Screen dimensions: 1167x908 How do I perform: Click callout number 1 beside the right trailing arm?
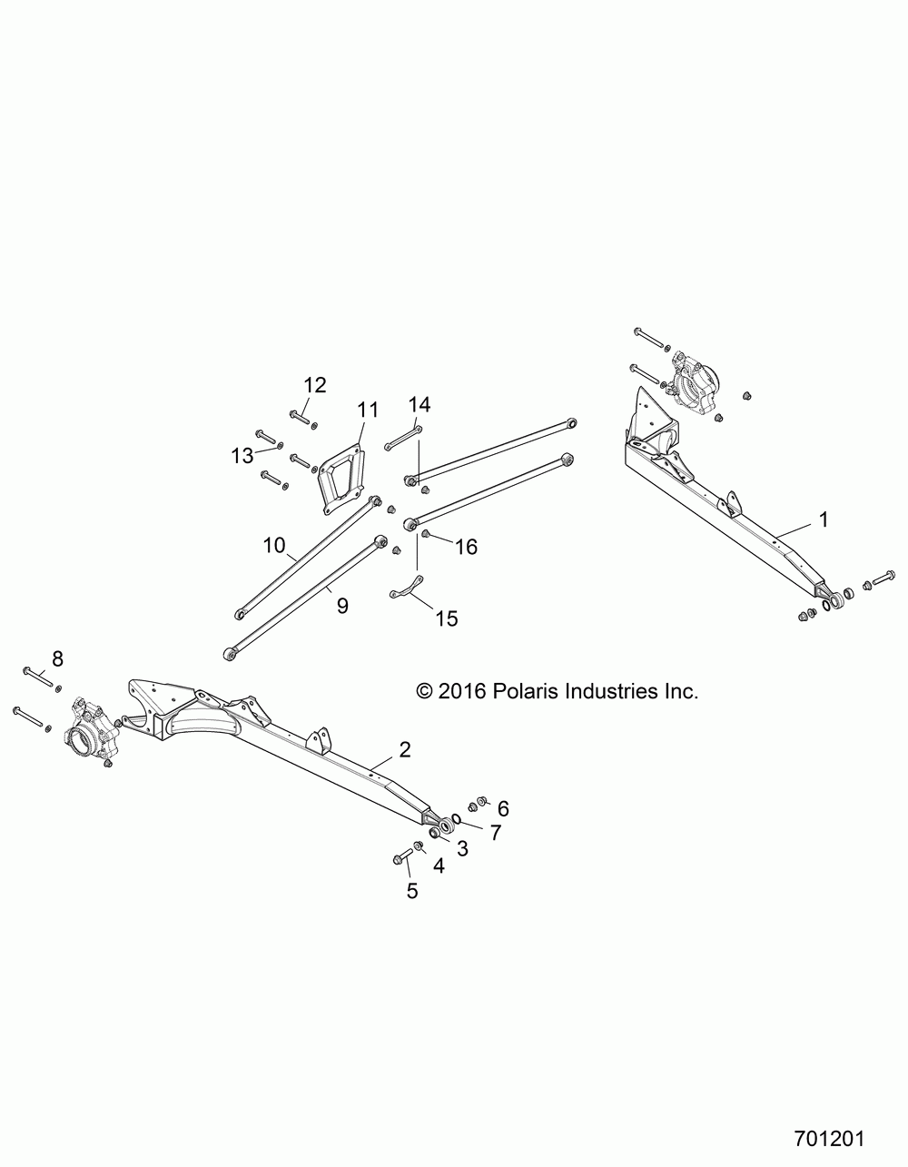click(x=823, y=520)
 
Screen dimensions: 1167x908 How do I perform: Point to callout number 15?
click(x=447, y=618)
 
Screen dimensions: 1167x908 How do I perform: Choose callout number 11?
click(x=367, y=410)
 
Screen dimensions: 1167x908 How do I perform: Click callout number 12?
click(x=314, y=385)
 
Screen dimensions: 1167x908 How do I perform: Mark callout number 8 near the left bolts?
click(x=57, y=658)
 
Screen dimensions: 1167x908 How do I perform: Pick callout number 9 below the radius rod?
click(x=342, y=606)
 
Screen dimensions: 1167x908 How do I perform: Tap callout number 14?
click(x=419, y=403)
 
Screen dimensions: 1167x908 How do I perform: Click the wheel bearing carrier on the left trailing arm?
click(x=90, y=726)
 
